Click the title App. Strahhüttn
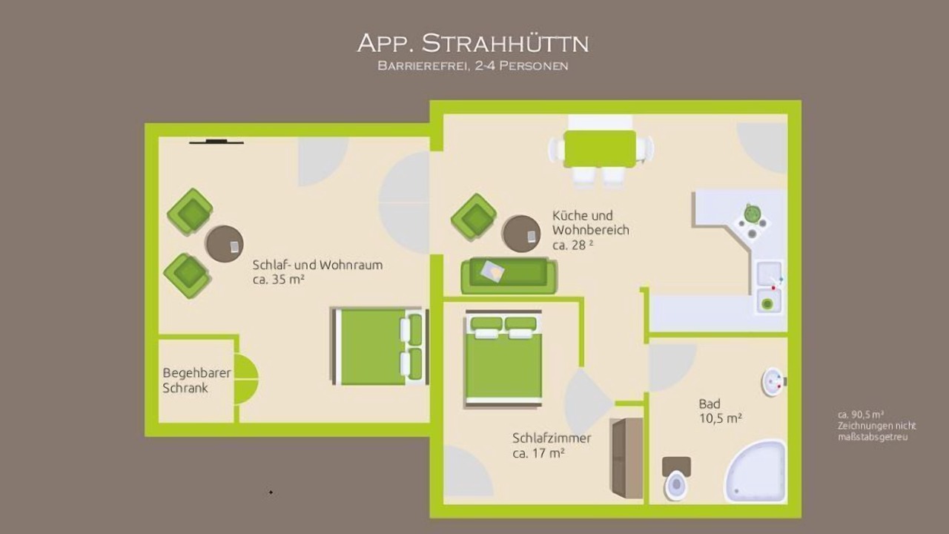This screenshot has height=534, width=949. tap(473, 44)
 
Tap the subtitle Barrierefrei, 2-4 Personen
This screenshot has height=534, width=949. tap(473, 66)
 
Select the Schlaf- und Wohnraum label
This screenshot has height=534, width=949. tap(317, 272)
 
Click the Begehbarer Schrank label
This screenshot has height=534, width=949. tap(197, 380)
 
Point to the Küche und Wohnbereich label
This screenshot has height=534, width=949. tap(591, 230)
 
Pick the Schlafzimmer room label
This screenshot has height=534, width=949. tap(552, 446)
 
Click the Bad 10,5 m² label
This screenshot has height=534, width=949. tap(720, 411)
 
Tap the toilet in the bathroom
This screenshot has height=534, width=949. tap(676, 478)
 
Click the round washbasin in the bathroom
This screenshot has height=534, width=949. tap(773, 382)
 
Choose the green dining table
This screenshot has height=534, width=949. tap(600, 149)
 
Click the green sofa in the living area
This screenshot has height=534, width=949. tap(509, 275)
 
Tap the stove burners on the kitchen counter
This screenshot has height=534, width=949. tap(752, 222)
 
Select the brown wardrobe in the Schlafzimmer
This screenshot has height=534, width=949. tap(626, 458)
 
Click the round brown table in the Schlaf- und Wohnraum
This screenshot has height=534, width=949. tap(225, 244)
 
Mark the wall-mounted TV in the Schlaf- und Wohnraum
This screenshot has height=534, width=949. tap(216, 142)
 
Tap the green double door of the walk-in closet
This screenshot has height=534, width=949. tap(245, 379)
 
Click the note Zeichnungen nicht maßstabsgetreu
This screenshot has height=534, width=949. tap(876, 431)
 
